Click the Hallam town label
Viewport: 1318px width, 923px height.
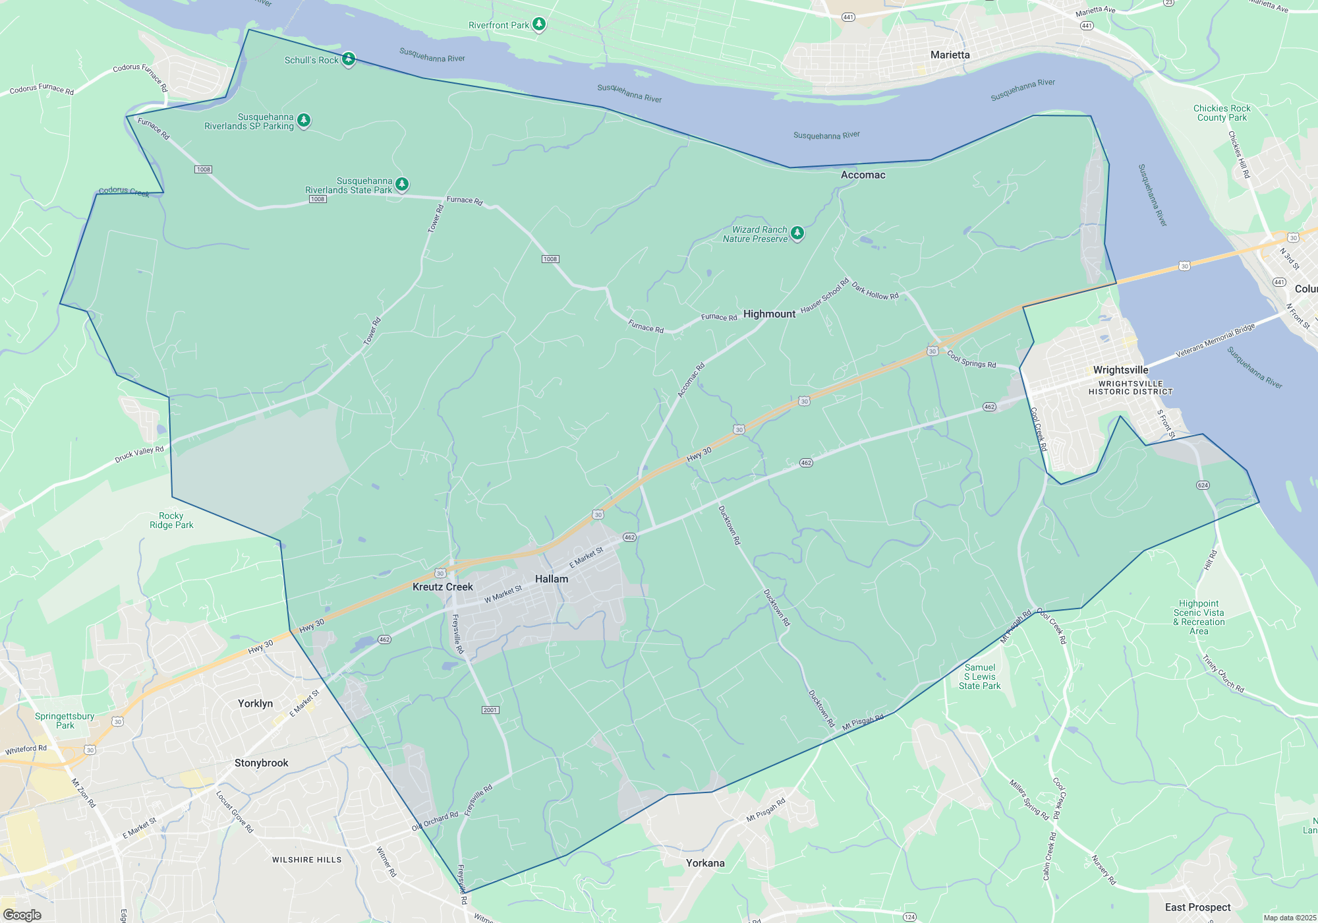(x=552, y=579)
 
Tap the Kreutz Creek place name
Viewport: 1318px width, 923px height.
(x=442, y=587)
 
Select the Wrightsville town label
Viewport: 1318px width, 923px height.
(x=1120, y=370)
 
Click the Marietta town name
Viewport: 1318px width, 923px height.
(x=950, y=55)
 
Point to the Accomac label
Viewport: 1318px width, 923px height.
(x=863, y=175)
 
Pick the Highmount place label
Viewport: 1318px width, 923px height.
(x=769, y=314)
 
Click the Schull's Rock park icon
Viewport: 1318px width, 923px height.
(x=349, y=59)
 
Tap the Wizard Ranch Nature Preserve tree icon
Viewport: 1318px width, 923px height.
(x=797, y=233)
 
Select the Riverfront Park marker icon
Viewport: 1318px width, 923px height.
(x=539, y=24)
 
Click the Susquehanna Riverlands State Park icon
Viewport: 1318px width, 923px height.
(x=402, y=184)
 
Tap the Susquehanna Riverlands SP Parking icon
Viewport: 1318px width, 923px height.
(x=304, y=120)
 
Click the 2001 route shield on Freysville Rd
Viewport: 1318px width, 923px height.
(x=490, y=710)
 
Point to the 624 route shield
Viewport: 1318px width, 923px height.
(x=1203, y=485)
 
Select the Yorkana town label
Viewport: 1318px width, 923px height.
(x=704, y=863)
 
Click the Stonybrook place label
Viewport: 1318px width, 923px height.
(x=261, y=763)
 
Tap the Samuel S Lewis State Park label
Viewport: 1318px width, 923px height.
(x=979, y=676)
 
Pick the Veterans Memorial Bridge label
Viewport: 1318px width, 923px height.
(x=1215, y=341)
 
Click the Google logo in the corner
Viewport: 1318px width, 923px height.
(x=22, y=915)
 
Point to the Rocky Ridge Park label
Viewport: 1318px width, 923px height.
(x=171, y=520)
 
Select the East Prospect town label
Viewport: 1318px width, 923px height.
(x=1197, y=907)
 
